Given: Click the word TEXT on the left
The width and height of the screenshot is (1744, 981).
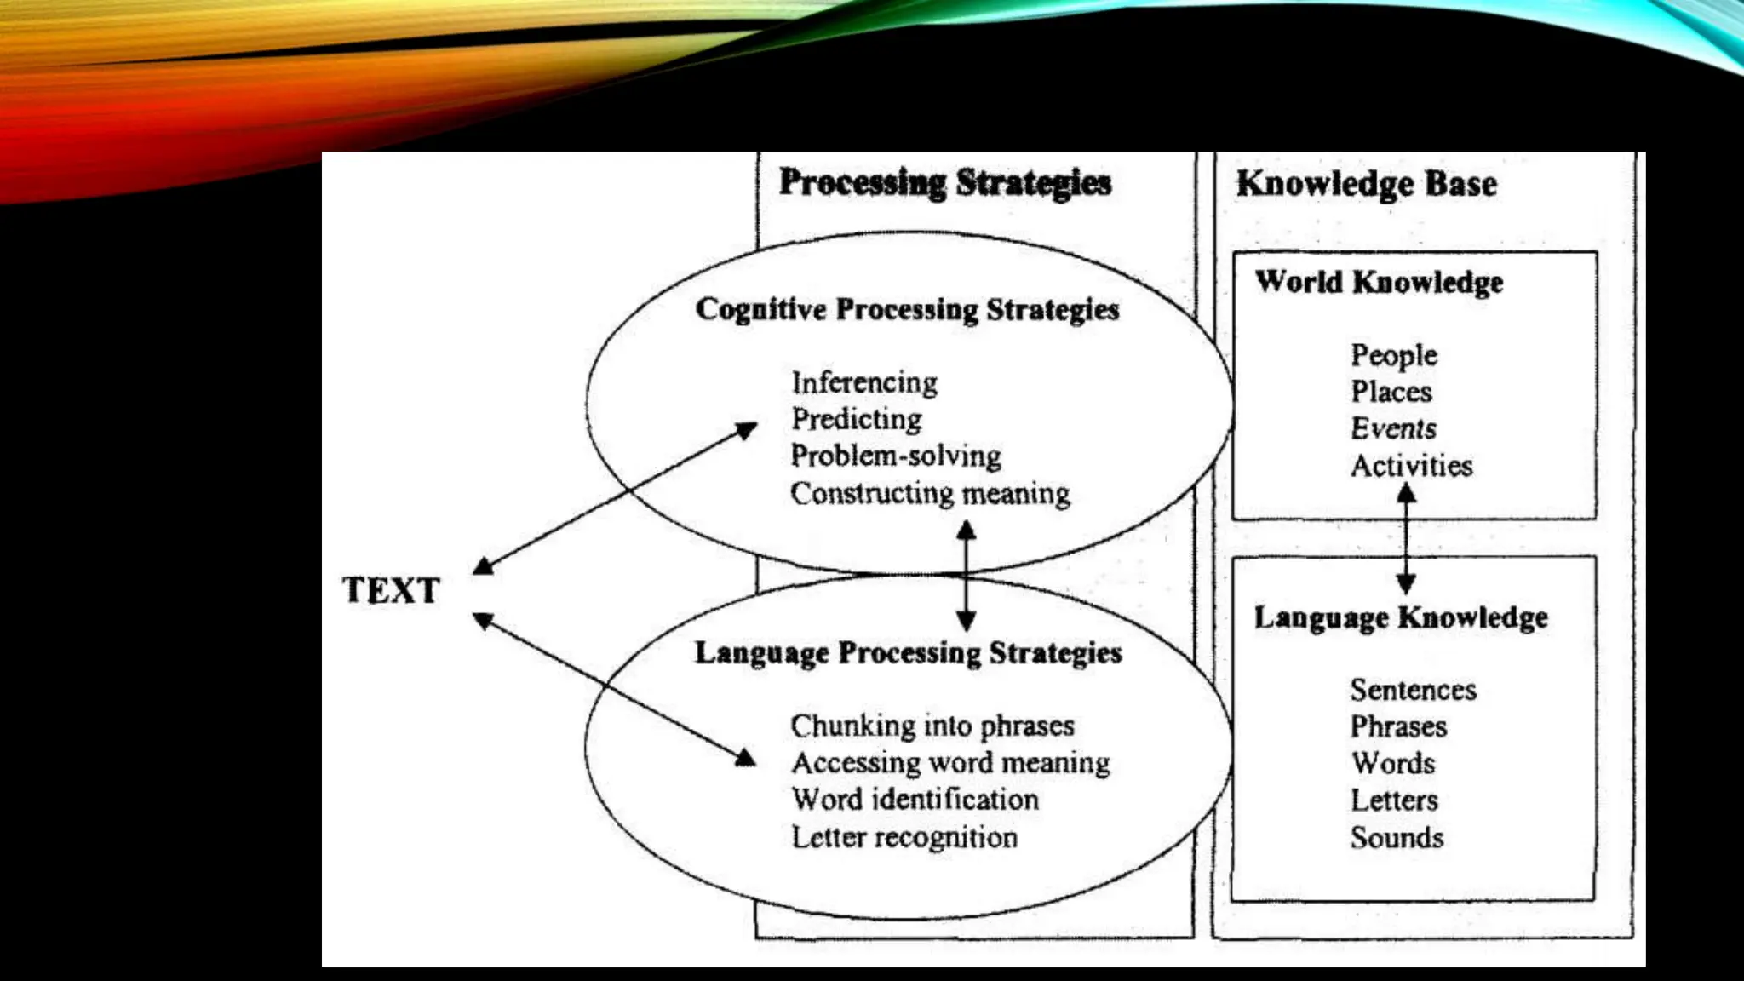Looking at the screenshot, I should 391,590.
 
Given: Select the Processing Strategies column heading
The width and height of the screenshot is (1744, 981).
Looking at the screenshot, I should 945,183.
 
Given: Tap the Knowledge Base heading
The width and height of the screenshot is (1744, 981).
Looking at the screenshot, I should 1366,184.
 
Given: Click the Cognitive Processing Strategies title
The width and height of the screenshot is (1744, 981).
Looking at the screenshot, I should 907,309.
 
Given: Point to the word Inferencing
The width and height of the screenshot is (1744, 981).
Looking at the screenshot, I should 864,382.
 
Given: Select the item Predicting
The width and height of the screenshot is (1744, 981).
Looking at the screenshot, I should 857,419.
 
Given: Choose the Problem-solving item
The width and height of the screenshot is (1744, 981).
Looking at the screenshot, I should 896,456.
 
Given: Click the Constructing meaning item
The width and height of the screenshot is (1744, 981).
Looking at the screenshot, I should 930,493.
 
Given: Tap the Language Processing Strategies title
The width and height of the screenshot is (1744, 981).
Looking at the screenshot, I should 908,652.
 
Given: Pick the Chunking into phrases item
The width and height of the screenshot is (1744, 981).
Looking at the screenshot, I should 932,726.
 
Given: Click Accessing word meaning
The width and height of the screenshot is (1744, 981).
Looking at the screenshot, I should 950,762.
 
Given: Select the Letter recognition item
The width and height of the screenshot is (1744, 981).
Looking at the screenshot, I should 904,837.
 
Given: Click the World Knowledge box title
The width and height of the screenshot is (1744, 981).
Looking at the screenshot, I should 1379,282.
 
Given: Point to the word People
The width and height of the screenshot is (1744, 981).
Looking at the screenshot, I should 1394,355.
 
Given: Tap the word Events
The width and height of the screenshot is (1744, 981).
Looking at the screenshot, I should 1393,428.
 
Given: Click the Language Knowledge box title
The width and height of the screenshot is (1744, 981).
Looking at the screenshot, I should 1401,617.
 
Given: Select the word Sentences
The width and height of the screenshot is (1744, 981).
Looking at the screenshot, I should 1413,689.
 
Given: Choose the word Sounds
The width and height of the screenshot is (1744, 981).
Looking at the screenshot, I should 1397,837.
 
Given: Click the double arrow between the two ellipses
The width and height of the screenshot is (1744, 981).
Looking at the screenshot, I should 966,576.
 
